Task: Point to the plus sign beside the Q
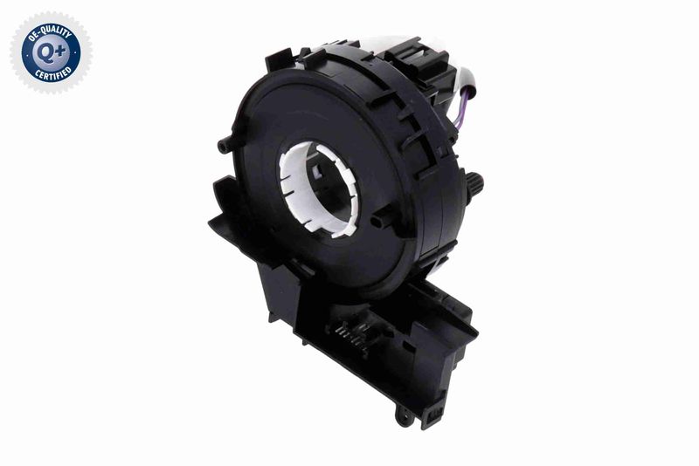click(60, 51)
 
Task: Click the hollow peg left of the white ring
click(225, 145)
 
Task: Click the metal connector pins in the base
click(352, 334)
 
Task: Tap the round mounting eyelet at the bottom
click(405, 416)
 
